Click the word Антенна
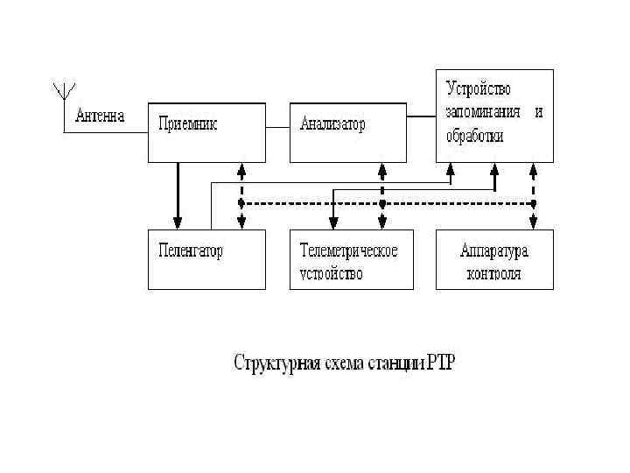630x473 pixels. coord(101,115)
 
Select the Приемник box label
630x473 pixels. coord(187,124)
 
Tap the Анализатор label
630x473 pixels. coord(332,124)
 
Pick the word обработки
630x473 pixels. coord(475,137)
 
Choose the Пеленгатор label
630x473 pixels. coord(191,251)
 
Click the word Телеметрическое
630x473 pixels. coord(348,251)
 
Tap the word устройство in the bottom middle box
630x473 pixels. coord(331,273)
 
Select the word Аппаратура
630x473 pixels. coord(494,251)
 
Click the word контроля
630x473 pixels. coord(494,273)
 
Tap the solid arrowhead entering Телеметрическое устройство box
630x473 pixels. coord(332,224)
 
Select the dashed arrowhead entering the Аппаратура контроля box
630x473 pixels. coord(534,224)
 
